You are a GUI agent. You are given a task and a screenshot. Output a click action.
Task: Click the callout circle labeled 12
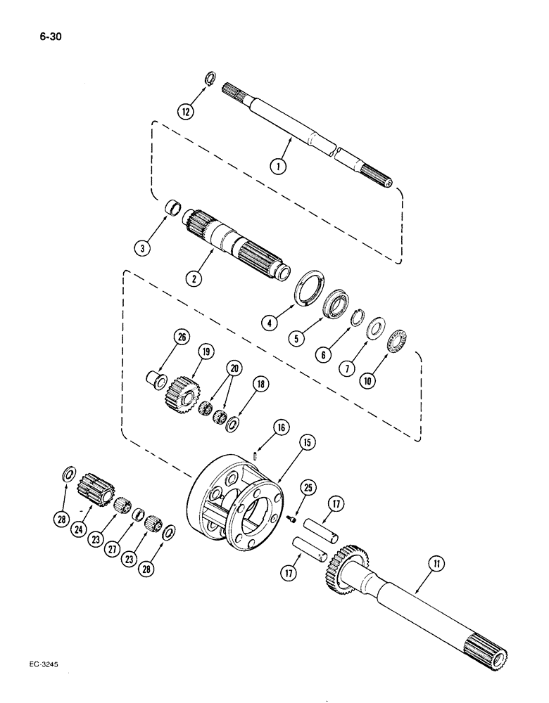pos(187,111)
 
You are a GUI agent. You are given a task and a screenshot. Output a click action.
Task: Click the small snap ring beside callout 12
pos(210,77)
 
